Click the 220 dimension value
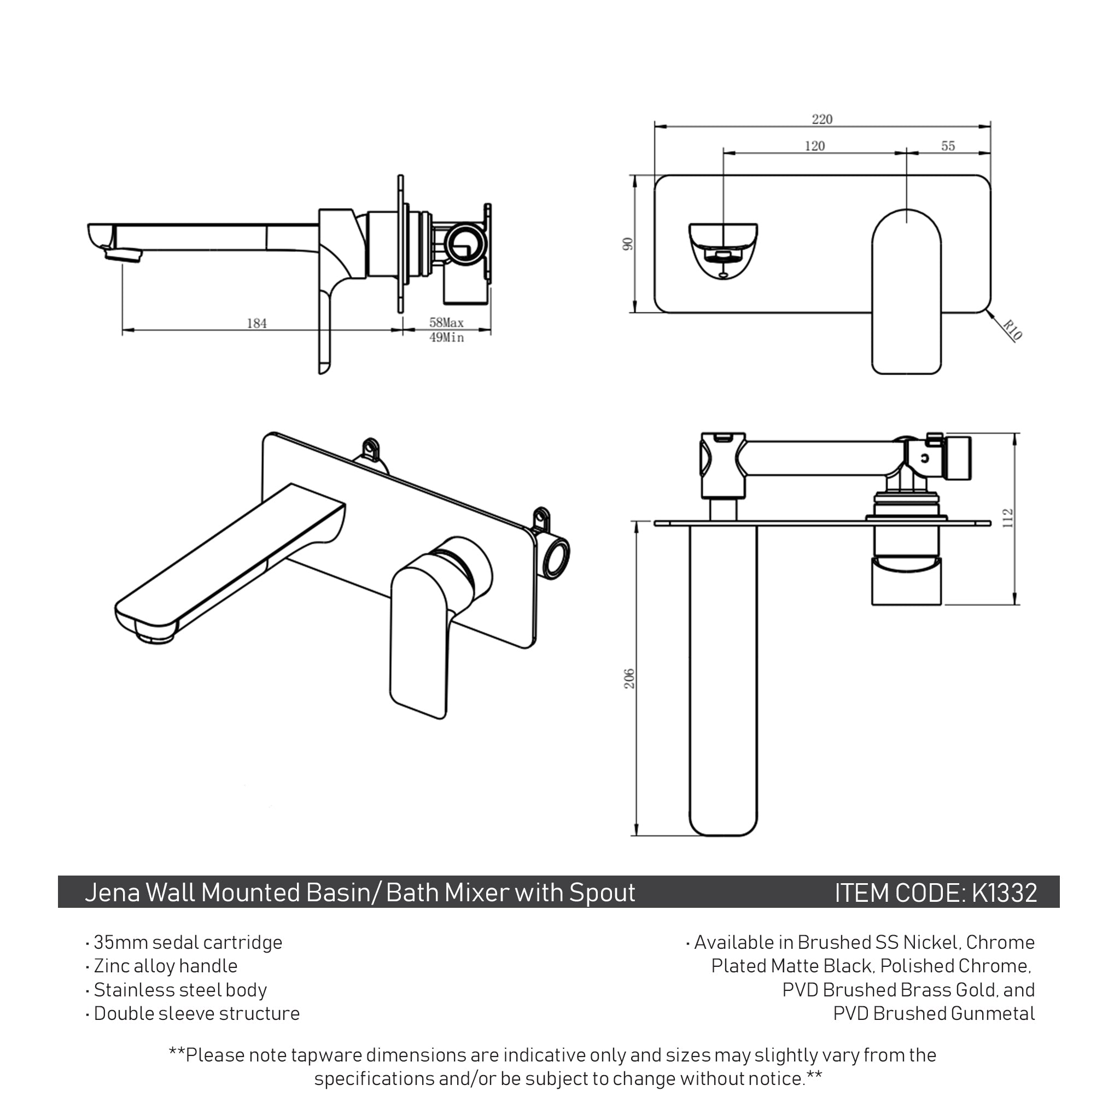click(x=821, y=119)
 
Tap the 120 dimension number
click(x=814, y=146)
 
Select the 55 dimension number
click(x=947, y=146)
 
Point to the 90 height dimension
click(x=628, y=244)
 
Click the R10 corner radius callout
click(x=1012, y=330)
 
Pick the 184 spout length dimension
click(x=257, y=324)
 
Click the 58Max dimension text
click(x=446, y=322)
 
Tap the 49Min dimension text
click(x=446, y=337)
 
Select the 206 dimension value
click(x=629, y=679)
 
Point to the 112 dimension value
click(x=1008, y=518)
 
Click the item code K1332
click(x=1004, y=892)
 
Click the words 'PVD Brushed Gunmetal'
click(x=934, y=1014)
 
